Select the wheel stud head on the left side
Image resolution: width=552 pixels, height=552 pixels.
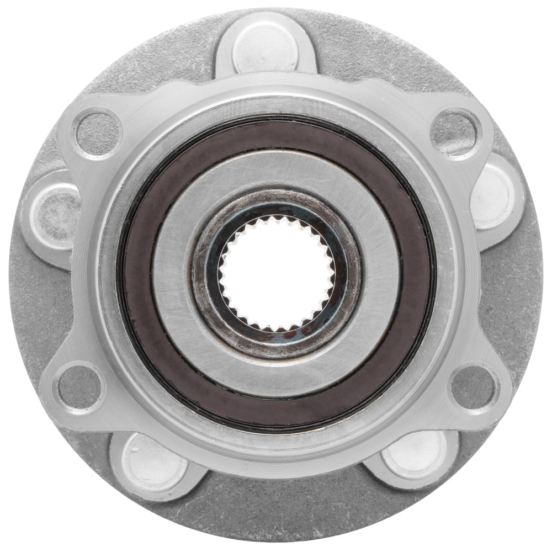coord(55,213)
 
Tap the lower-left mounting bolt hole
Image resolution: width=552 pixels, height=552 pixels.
coord(80,386)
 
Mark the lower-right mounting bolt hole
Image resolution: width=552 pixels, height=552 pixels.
coord(474,386)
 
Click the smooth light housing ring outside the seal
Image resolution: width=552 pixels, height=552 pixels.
coord(276,102)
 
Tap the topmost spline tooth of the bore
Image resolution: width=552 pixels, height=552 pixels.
coord(276,219)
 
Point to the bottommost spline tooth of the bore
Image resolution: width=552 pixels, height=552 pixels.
coord(276,330)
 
